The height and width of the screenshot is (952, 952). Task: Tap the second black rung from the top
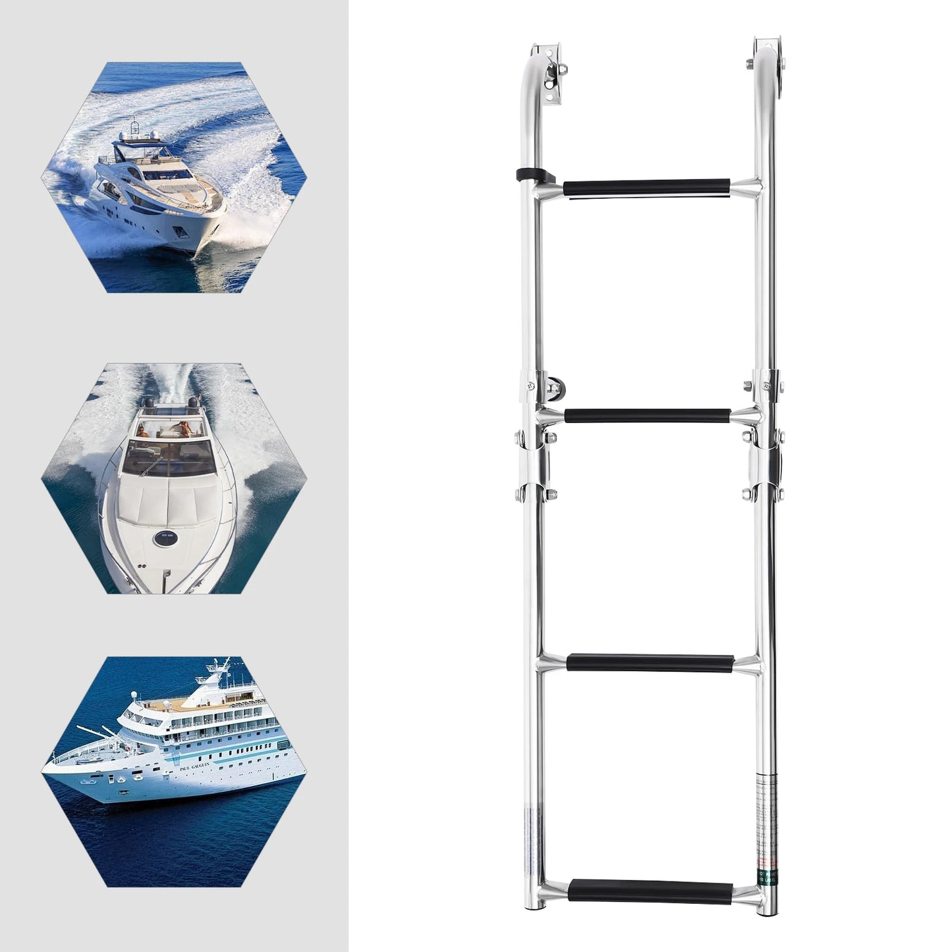coord(647,416)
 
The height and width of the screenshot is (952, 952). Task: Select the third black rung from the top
coord(650,661)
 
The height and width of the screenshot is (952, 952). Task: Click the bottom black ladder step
coord(652,887)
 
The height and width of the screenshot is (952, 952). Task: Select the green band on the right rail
coord(766,876)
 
